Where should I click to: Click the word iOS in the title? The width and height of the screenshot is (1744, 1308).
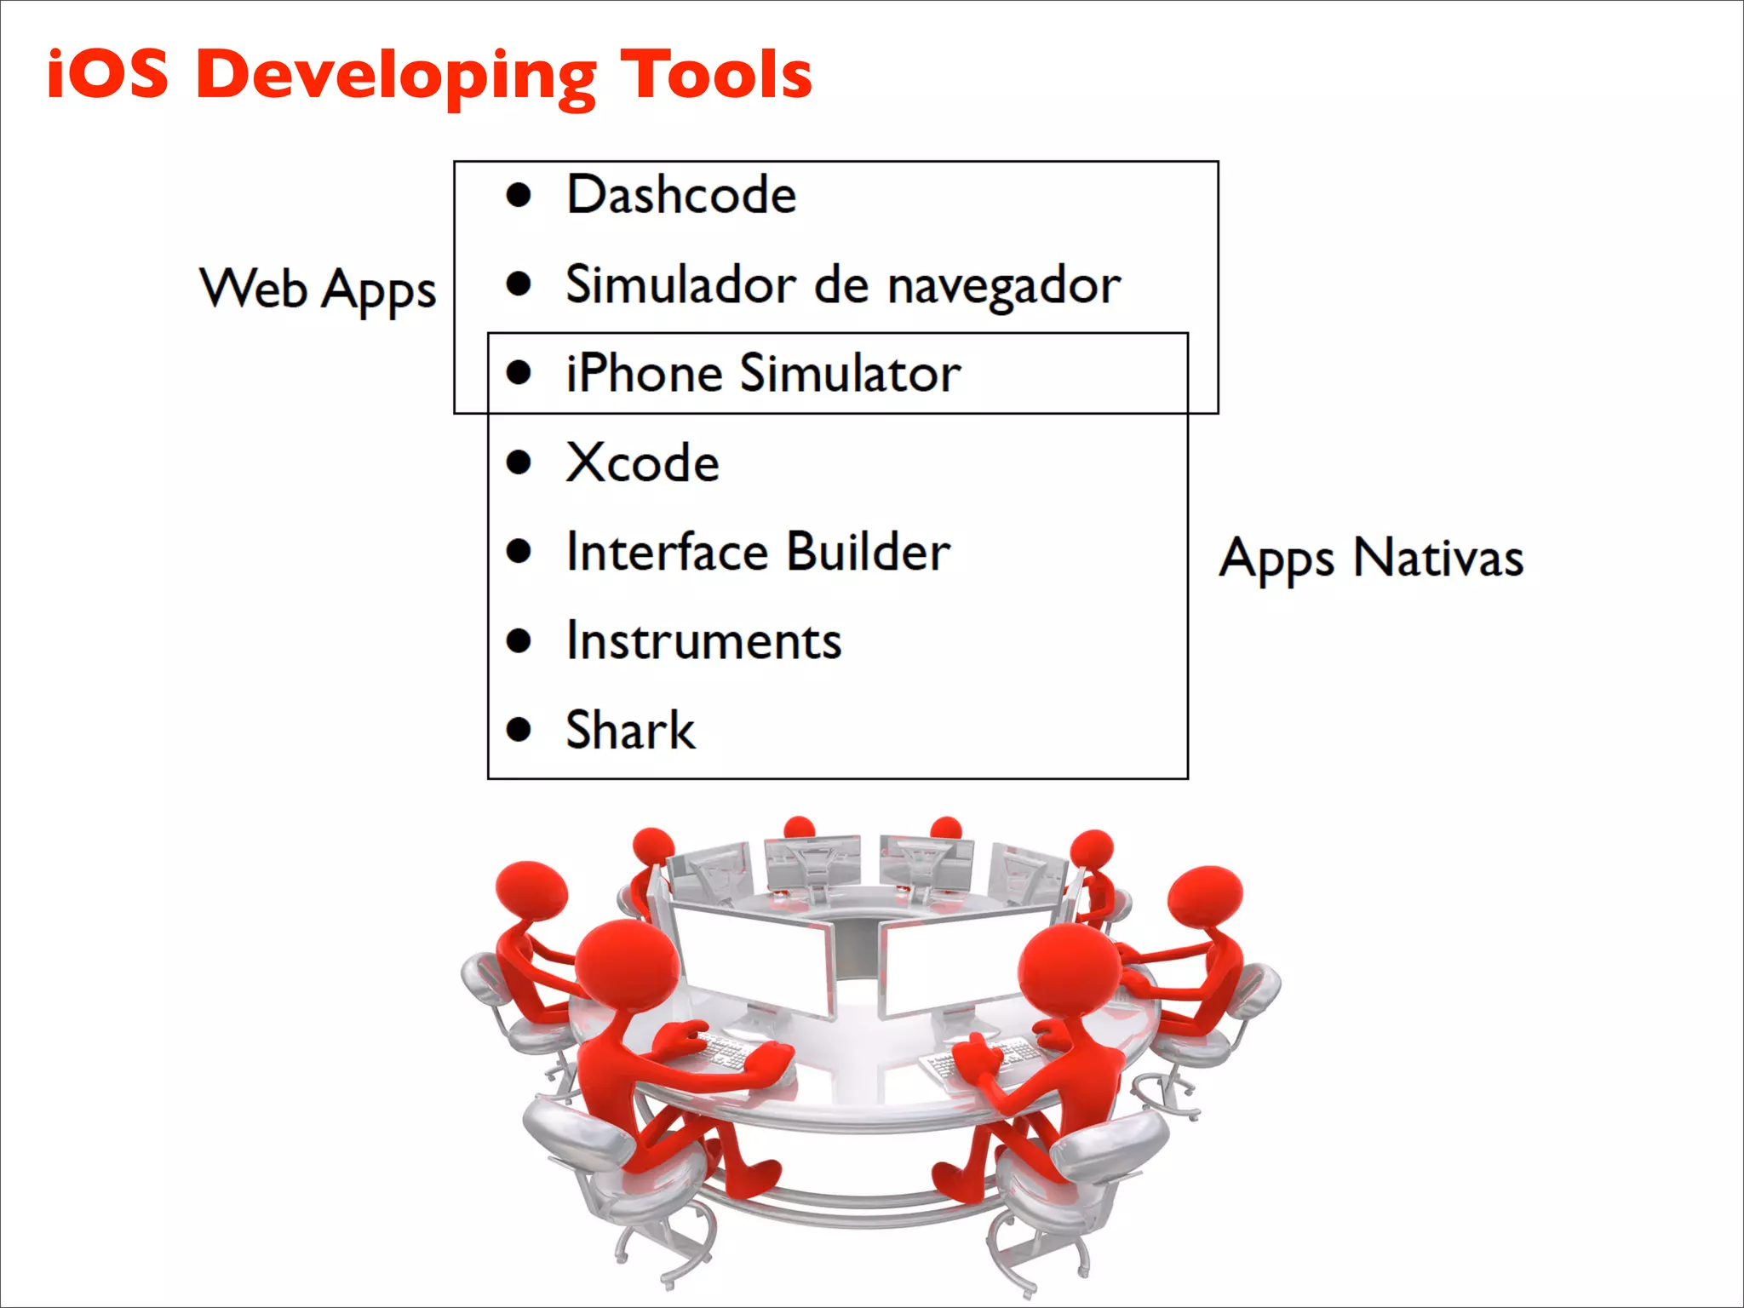coord(107,74)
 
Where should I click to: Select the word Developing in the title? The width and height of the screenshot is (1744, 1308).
coord(396,77)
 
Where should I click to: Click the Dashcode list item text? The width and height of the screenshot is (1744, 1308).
coord(681,195)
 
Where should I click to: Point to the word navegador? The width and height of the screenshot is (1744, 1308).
coord(1005,286)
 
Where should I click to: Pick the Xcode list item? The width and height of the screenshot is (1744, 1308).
coord(642,463)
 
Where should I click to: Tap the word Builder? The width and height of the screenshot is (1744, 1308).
coord(868,552)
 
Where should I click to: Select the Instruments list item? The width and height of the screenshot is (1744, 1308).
coord(703,641)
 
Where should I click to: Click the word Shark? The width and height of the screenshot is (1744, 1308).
coord(630,731)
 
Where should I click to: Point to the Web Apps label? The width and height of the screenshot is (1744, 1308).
coord(318,290)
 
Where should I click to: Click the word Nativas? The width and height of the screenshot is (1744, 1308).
coord(1437,559)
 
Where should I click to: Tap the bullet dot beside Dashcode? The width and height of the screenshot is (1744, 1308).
coord(519,195)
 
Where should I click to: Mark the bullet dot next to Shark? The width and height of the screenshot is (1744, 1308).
coord(519,730)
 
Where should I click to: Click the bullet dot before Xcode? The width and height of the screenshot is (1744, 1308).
coord(519,462)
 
